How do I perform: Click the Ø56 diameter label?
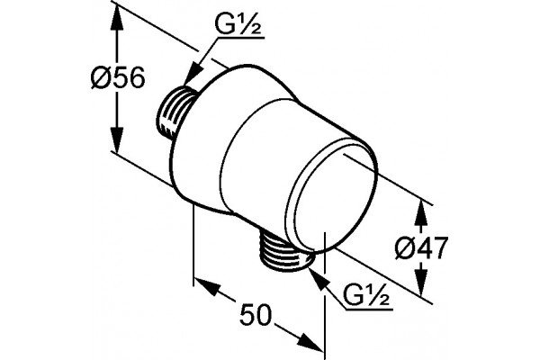pos(118,77)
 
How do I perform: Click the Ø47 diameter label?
pos(421,248)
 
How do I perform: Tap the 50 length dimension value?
pos(256,315)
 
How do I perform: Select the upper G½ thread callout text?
pos(238,24)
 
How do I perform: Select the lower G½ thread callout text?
pos(366,295)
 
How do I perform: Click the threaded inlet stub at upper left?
pos(175,112)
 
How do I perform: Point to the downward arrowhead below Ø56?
pos(117,139)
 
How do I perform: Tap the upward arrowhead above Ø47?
pos(421,213)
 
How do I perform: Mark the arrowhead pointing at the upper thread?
pos(193,73)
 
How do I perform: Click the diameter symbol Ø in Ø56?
pos(103,77)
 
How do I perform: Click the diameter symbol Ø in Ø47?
pos(407,248)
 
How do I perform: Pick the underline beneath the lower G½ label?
pos(369,310)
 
